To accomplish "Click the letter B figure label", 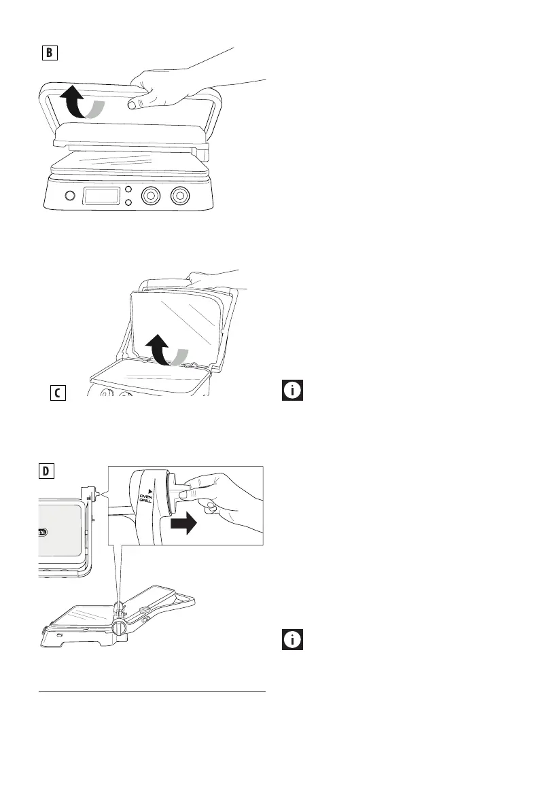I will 48,53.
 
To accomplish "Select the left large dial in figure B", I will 151,196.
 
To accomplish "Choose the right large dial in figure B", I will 180,196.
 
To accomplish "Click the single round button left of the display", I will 69,196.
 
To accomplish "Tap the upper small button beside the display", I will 127,190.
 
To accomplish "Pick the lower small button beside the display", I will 127,203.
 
